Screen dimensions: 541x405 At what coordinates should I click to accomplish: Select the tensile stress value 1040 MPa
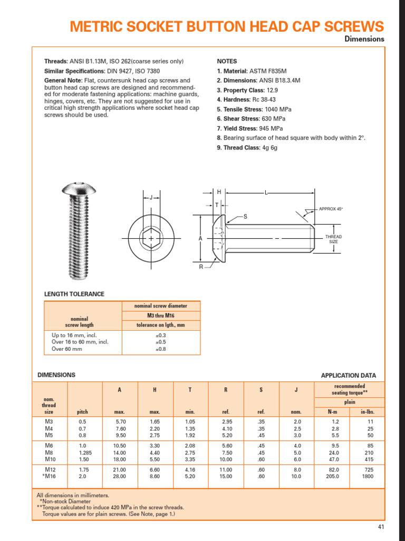(x=278, y=109)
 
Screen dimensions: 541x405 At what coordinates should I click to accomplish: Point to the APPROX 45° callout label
(x=331, y=209)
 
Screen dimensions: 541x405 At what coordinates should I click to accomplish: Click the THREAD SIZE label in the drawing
(x=333, y=239)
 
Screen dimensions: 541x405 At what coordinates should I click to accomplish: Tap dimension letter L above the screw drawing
(x=266, y=193)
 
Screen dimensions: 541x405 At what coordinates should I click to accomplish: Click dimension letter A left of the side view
(x=200, y=239)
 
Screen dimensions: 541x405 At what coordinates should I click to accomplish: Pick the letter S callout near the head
(x=245, y=217)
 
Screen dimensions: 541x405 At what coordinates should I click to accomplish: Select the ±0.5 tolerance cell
(x=161, y=342)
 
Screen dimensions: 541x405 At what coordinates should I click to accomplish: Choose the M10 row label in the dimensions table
(x=50, y=460)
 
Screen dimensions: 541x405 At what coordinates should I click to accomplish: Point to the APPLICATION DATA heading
(x=348, y=376)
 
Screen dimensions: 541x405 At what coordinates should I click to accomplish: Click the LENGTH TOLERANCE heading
(x=74, y=294)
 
